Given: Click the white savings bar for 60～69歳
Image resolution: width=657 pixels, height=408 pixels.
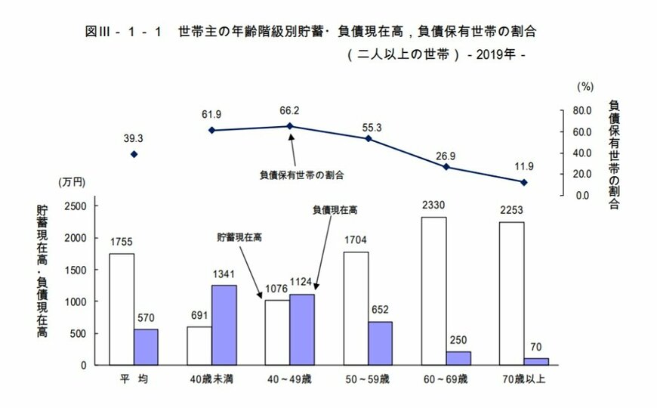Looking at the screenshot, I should [433, 291].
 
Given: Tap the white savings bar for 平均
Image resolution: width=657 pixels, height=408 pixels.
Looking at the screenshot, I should [122, 309].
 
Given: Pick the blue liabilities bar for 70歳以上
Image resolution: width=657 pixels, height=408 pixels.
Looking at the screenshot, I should [536, 361].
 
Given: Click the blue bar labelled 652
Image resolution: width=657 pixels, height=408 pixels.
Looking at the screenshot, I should [380, 343].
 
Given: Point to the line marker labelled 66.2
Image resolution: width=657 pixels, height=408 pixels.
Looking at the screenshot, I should [291, 126].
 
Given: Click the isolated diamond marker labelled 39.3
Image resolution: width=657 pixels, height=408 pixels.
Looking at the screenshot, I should [134, 154].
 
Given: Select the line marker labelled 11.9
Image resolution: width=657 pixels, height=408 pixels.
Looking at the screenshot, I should [524, 182].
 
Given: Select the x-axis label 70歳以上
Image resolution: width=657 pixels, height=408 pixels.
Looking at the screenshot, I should [524, 378].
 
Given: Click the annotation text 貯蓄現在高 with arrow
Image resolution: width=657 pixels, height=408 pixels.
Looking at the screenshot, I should [239, 236].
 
